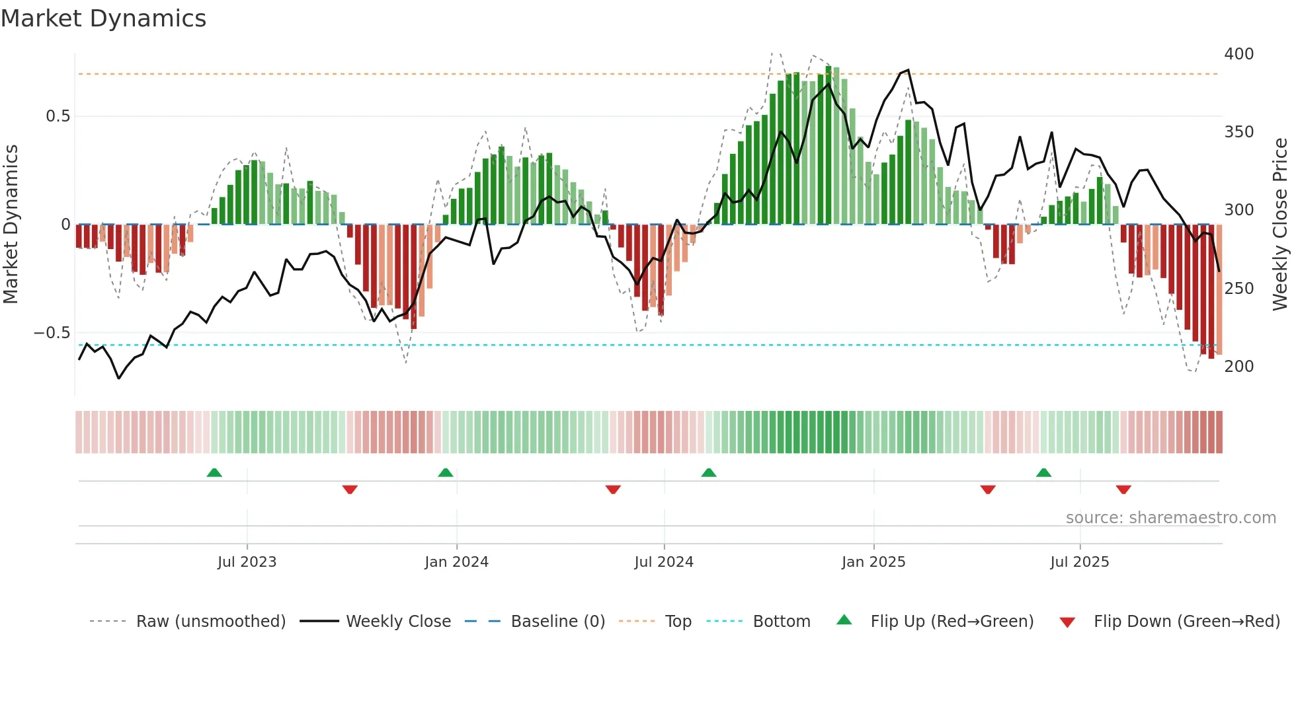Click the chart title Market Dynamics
104,18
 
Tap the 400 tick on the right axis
1238,54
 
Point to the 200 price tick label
1238,367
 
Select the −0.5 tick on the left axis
52,333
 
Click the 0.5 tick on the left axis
58,116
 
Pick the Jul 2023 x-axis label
247,562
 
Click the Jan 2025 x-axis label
873,562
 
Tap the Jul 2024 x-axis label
664,562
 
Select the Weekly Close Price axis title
1280,225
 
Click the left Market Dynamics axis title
11,225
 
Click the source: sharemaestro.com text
1170,518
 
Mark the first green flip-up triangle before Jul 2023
214,472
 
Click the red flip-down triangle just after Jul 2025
1123,490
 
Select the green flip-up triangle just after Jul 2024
708,472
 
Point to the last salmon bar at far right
1219,291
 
